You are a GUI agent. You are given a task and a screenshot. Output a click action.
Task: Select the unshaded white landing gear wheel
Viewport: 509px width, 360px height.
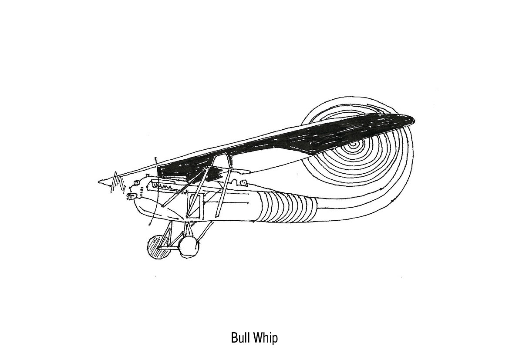(189, 246)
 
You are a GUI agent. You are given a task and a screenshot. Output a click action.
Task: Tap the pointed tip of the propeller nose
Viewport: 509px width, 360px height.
(100, 181)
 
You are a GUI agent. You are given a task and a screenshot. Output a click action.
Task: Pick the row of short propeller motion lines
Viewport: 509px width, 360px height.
(116, 181)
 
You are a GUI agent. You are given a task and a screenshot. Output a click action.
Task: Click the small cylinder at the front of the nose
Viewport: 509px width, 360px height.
(129, 197)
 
